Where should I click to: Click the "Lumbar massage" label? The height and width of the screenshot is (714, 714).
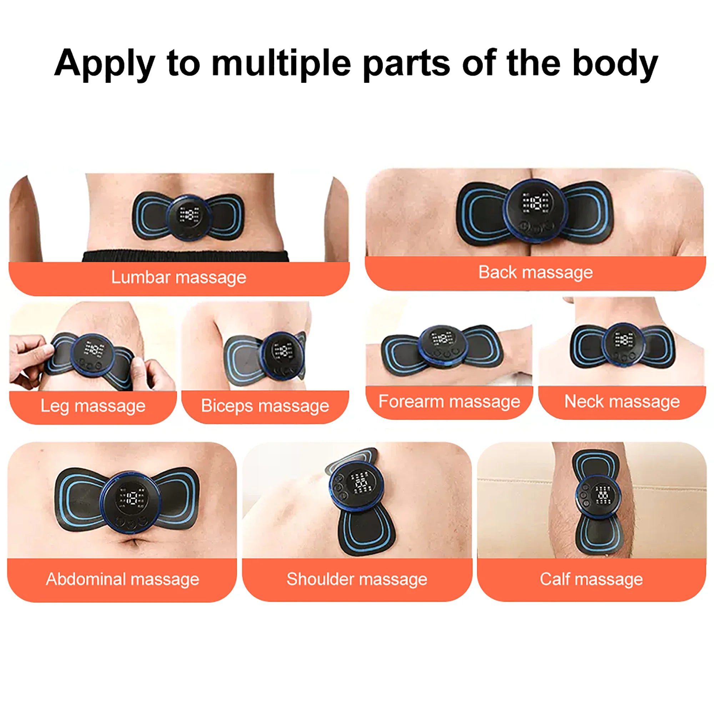(x=179, y=277)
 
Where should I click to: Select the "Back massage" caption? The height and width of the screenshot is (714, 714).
(x=535, y=272)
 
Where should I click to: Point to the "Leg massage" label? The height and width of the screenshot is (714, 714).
(x=93, y=406)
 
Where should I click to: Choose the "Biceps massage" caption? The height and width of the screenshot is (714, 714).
(x=265, y=406)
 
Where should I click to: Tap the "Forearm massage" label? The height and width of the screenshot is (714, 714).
(x=449, y=401)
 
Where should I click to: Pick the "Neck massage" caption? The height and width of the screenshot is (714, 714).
(x=622, y=401)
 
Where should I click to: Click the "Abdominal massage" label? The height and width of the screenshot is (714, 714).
(x=122, y=579)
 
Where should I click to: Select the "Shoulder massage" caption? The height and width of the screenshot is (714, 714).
(x=357, y=579)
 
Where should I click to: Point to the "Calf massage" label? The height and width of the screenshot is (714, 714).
(x=591, y=579)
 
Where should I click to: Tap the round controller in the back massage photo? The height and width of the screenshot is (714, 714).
(x=536, y=211)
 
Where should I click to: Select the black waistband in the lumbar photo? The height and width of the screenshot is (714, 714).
(x=185, y=256)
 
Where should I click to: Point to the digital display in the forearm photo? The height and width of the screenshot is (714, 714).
(x=442, y=338)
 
